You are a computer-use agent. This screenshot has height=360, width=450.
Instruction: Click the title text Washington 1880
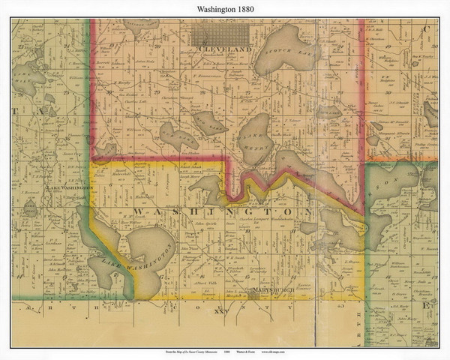(225, 8)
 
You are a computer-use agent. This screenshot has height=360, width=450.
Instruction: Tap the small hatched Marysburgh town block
(256, 295)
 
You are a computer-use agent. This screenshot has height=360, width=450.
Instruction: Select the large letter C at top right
(425, 28)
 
